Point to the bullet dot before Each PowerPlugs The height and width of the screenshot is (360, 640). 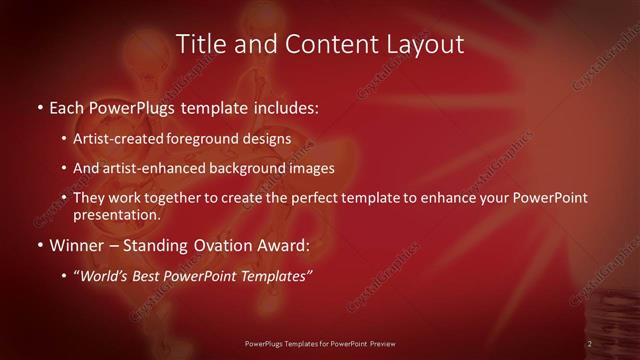pos(38,106)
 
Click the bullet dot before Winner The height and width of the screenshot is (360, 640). pos(38,245)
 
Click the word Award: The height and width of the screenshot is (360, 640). pos(286,245)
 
